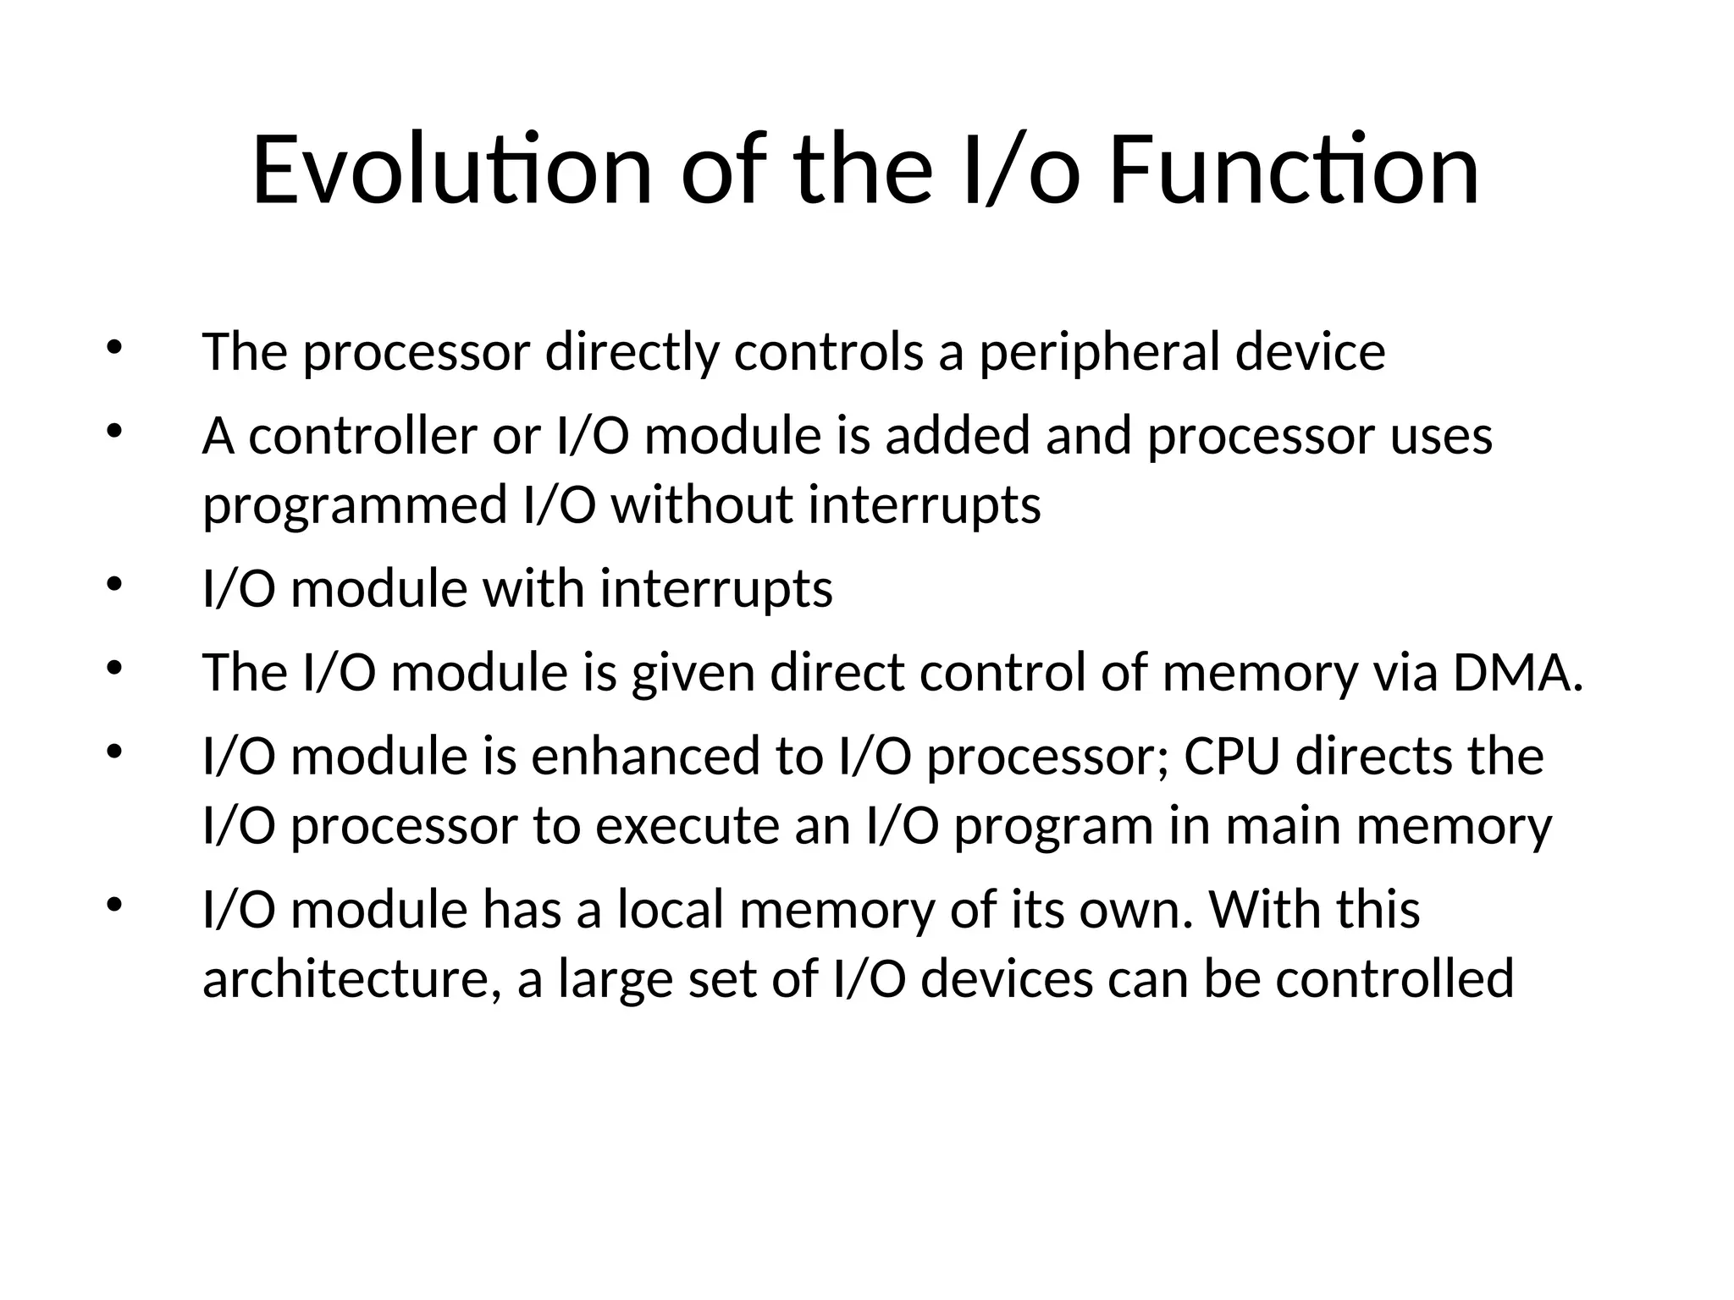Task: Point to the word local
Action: (x=671, y=910)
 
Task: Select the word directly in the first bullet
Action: (x=632, y=352)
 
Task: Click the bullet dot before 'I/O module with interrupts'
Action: (x=115, y=584)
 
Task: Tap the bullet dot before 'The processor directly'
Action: (x=115, y=347)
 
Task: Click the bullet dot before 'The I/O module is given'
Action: (x=115, y=668)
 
